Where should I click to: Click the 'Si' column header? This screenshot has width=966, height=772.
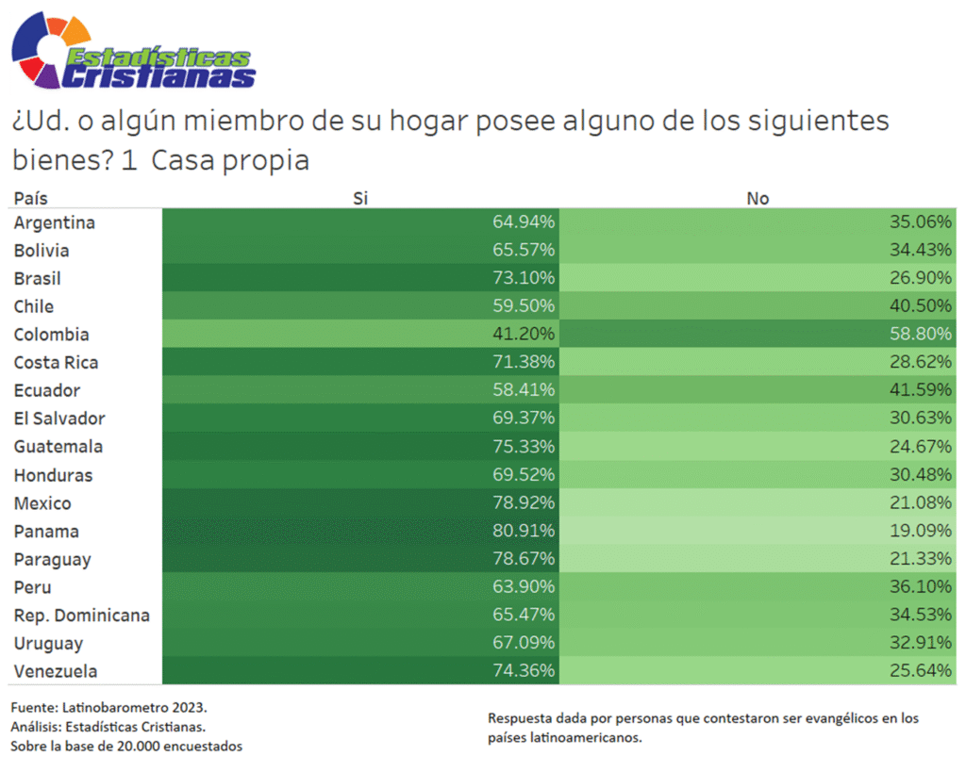tap(360, 198)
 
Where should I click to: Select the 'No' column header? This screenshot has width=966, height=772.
tap(758, 198)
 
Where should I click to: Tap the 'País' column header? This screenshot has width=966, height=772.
tap(30, 198)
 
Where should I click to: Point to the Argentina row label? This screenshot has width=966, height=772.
tap(54, 222)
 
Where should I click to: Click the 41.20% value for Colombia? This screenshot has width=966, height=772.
tap(524, 335)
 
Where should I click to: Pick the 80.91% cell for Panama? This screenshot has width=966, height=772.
tap(524, 532)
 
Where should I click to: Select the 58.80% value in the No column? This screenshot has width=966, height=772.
tap(921, 335)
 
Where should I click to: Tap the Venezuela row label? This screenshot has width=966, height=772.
tap(55, 672)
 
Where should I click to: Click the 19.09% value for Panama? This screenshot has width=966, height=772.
tap(921, 532)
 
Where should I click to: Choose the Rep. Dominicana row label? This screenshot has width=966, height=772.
tap(81, 616)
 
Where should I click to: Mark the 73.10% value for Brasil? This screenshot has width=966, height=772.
tap(524, 278)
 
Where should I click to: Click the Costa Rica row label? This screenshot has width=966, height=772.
tap(56, 363)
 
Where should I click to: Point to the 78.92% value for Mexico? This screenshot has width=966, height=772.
tap(524, 503)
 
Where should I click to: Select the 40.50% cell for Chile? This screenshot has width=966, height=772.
tap(921, 306)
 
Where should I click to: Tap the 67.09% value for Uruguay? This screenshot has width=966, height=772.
tap(524, 644)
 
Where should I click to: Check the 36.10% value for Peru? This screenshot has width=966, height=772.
tap(921, 587)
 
